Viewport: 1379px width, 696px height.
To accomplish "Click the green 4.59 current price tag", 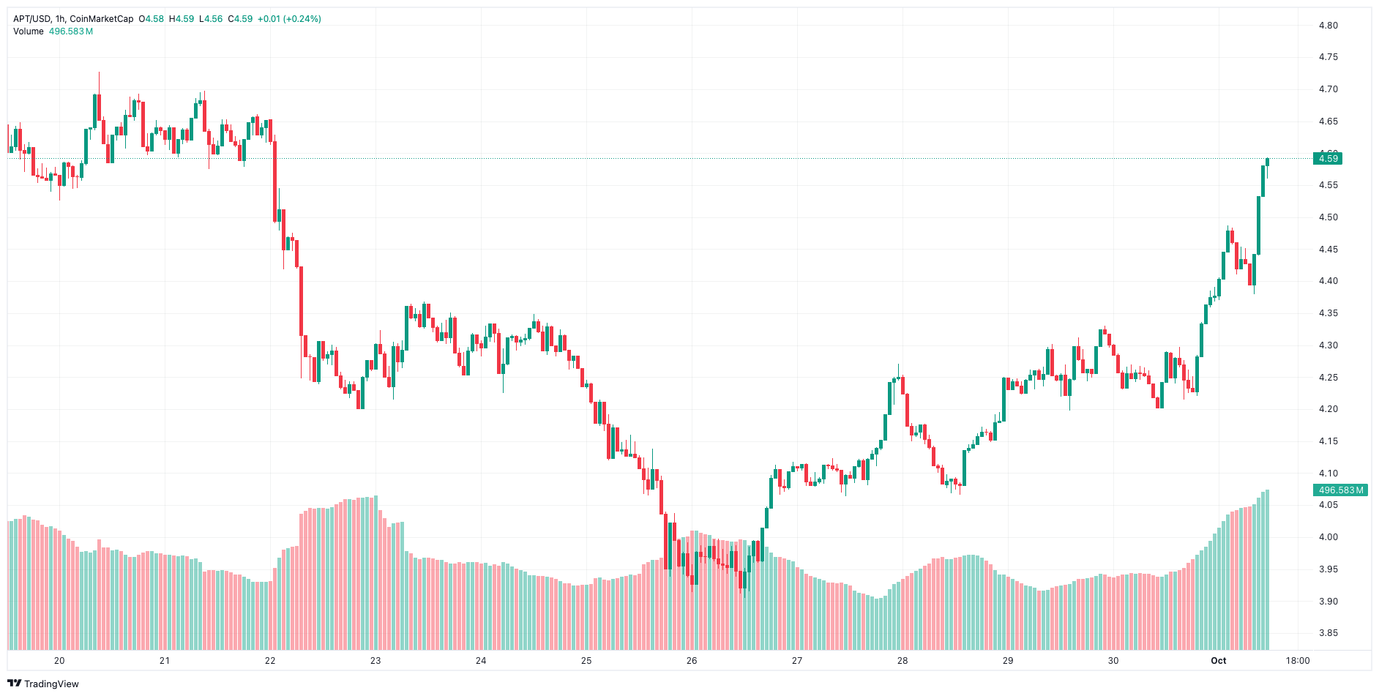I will (1328, 159).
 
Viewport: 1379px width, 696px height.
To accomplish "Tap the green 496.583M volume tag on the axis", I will (1341, 490).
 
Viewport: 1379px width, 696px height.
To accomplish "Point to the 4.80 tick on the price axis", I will (1328, 26).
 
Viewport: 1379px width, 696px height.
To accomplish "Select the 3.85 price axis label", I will (1328, 633).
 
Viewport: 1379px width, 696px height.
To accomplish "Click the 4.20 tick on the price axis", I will (1328, 409).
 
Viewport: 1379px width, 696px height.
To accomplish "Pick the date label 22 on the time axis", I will (270, 661).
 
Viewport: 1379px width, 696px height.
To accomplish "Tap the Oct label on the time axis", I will (1218, 661).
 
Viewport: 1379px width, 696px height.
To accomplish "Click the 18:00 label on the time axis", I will (1298, 661).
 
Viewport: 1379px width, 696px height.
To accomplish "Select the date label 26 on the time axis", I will (692, 661).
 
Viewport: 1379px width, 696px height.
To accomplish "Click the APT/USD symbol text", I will (31, 19).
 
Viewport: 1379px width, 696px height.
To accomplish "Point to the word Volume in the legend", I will (29, 31).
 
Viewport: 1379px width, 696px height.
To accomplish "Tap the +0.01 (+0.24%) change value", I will (289, 19).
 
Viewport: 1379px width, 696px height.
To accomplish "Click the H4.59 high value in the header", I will (182, 19).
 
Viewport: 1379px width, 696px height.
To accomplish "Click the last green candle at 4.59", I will (1267, 162).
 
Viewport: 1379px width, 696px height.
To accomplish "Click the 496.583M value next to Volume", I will (71, 31).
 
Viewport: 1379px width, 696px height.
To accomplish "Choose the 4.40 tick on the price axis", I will (1328, 281).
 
